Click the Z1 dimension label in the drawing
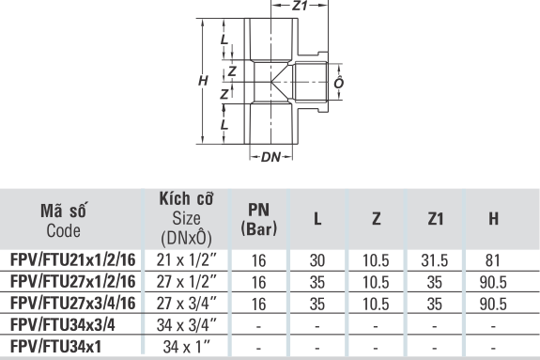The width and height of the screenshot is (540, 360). coord(300,6)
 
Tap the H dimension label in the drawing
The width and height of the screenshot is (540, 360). coord(203,81)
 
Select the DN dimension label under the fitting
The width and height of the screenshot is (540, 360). coord(271,157)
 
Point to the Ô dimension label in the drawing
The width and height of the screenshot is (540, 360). coord(339,82)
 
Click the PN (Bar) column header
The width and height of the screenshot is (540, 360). coord(259,219)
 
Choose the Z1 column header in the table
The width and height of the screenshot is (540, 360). coord(436,219)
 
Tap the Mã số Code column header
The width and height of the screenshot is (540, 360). coord(63,220)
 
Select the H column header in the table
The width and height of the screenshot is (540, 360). coord(493,219)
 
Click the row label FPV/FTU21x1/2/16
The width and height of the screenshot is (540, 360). coord(73,260)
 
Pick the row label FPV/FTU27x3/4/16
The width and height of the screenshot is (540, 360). coord(73,304)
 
